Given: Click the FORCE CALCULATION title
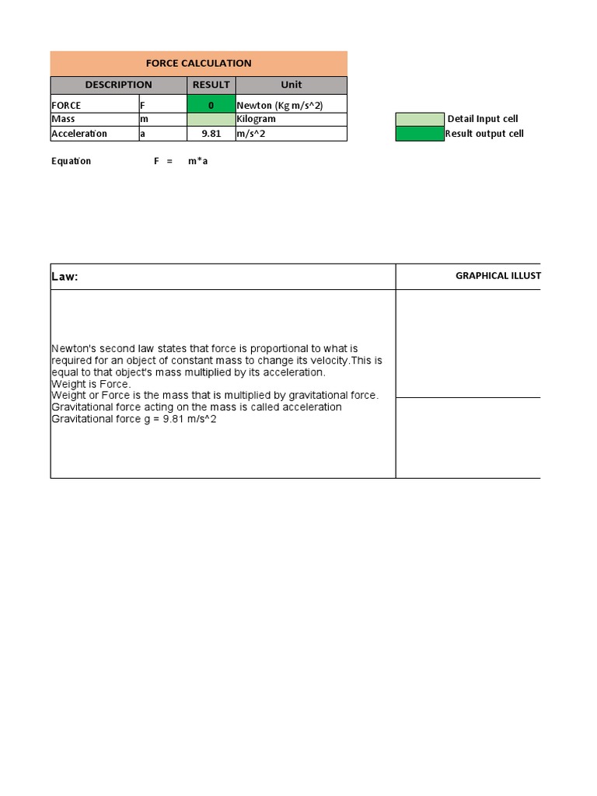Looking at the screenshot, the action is coord(198,64).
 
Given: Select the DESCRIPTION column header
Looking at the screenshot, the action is coord(118,85).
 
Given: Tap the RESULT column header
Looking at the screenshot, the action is coord(211,85).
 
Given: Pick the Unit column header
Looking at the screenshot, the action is coord(291,85).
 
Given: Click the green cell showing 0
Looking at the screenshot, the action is coord(211,105).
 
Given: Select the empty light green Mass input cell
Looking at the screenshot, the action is coord(211,119).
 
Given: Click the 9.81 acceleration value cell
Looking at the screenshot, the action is coord(211,134).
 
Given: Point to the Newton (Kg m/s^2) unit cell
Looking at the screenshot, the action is coord(279,105).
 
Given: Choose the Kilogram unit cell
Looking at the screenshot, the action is coord(256,119).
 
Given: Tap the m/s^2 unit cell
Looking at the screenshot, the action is coord(251,134).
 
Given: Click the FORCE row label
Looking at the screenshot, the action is coord(66,105).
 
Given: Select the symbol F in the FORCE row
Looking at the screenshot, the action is coord(142,105).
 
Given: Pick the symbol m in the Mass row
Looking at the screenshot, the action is coord(143,119).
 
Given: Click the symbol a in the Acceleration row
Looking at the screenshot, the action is coord(142,134).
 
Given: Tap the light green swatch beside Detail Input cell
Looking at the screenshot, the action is coord(419,119).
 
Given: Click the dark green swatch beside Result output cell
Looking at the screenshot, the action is coord(419,134).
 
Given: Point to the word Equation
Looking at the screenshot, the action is coord(71,161).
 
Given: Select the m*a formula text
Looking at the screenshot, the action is coord(197,161).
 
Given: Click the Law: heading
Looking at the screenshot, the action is coord(65,277).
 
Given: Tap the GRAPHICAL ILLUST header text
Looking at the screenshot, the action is coord(497,276).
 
